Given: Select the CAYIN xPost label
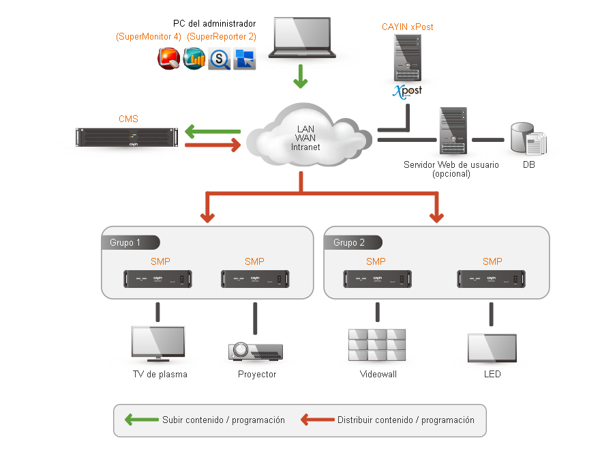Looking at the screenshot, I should pyautogui.click(x=407, y=27).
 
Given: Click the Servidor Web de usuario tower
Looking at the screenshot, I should pyautogui.click(x=453, y=131).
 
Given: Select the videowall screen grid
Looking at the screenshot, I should pyautogui.click(x=377, y=345).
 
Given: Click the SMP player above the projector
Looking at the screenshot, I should pyautogui.click(x=254, y=279).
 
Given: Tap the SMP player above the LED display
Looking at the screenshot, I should pyautogui.click(x=492, y=279).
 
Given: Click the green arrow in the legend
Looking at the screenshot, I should pyautogui.click(x=140, y=420).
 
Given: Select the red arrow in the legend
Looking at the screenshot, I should pyautogui.click(x=317, y=420).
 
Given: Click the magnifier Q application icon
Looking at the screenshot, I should pyautogui.click(x=220, y=59).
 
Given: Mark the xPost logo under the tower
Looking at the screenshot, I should pyautogui.click(x=407, y=91).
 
